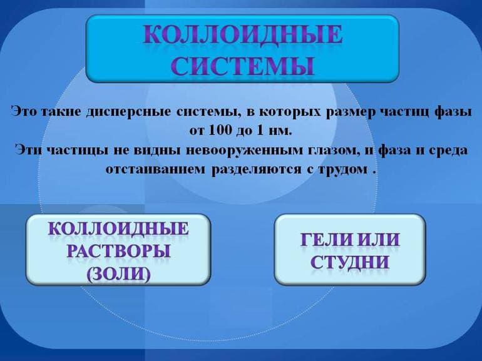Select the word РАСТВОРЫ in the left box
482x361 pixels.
(x=118, y=252)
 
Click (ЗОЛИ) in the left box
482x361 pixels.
(x=118, y=273)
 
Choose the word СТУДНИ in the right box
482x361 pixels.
(x=350, y=262)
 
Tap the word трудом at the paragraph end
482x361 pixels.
(x=338, y=170)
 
